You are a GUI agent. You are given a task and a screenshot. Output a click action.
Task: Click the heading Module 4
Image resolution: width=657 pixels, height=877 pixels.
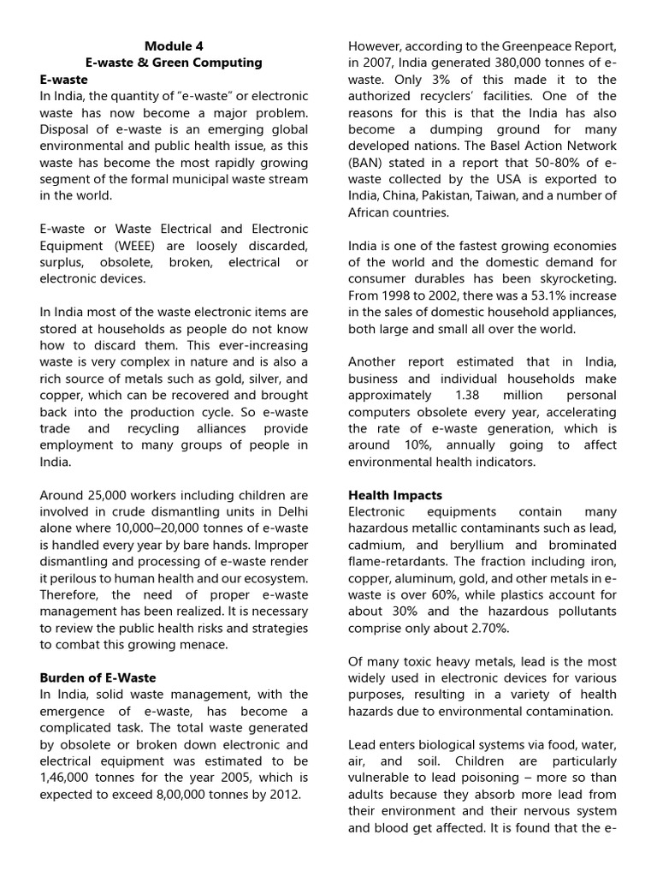174,45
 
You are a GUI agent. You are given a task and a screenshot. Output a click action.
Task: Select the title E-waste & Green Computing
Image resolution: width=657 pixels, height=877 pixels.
174,63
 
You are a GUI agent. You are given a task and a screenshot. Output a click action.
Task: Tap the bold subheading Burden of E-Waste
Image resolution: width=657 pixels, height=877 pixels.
98,677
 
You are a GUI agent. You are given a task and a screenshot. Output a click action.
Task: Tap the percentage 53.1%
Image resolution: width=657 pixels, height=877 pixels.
527,295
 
